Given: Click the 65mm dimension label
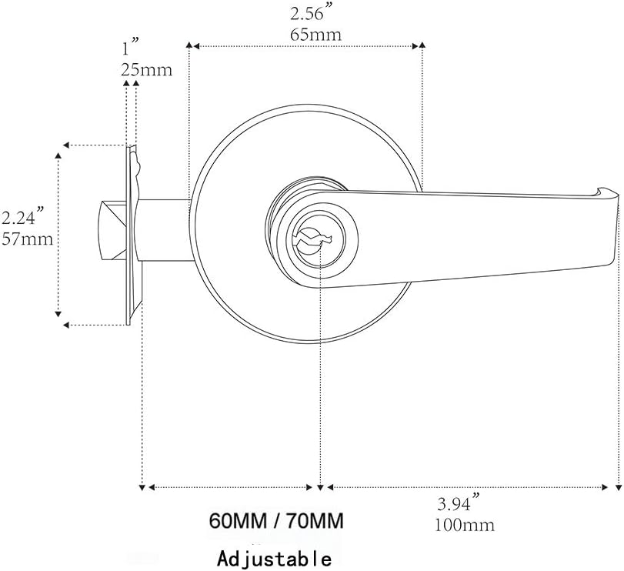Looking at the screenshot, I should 315,35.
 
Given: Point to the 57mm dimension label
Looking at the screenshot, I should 27,239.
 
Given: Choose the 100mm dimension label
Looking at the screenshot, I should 465,526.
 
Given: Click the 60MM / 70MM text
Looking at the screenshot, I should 276,521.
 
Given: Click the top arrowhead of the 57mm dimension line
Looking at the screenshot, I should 58,156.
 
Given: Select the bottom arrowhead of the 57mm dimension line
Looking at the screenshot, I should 58,313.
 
